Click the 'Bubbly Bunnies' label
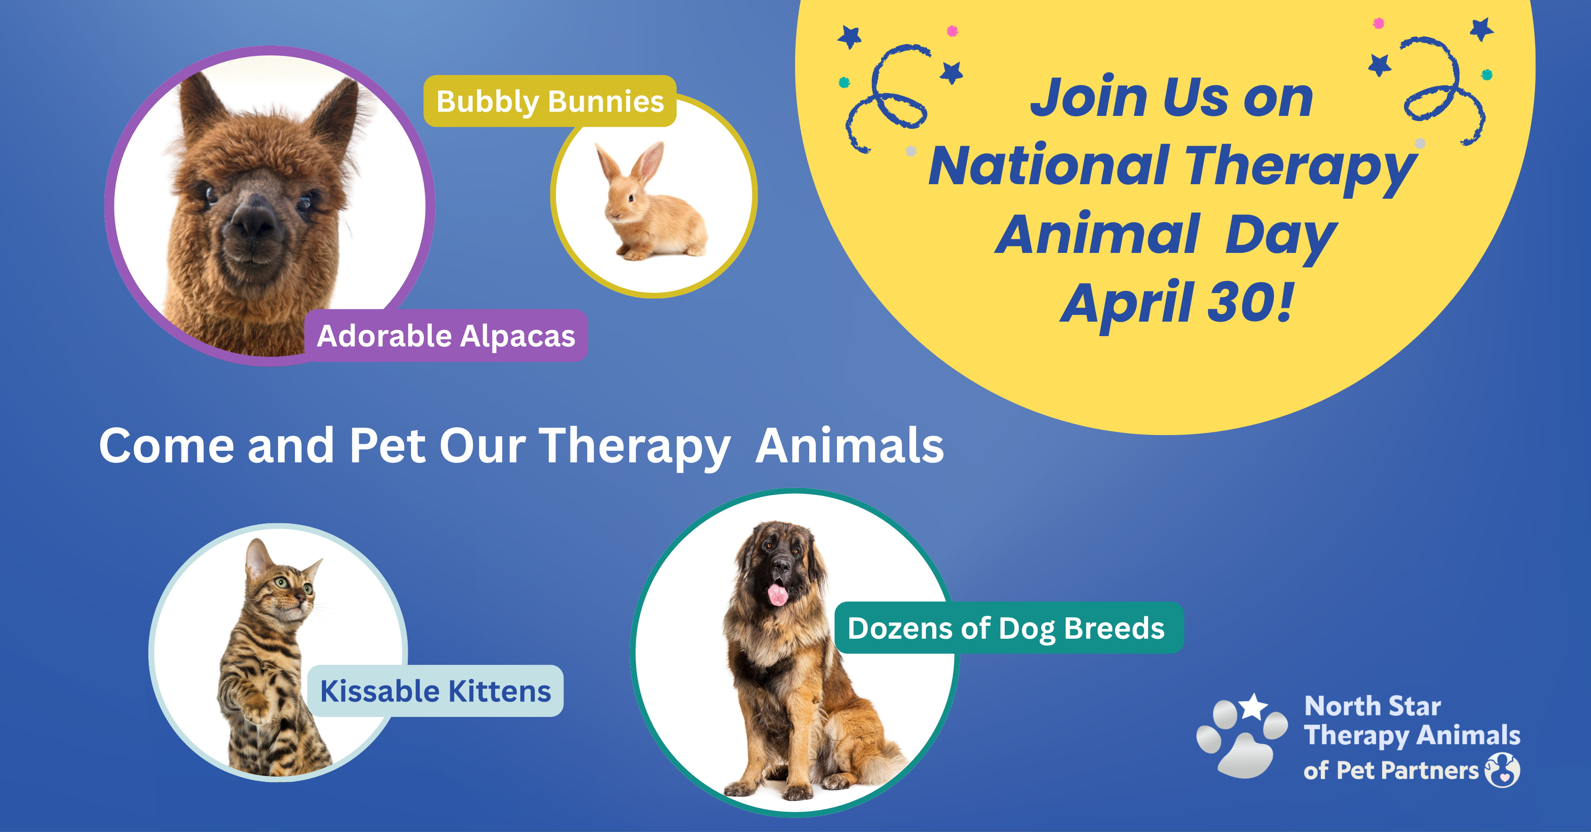click(x=550, y=101)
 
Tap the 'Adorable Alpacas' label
click(x=446, y=336)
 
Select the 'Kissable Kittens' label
click(x=435, y=691)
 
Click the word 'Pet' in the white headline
click(x=387, y=446)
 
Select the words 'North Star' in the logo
click(x=1372, y=706)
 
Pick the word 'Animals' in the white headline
click(x=850, y=446)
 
